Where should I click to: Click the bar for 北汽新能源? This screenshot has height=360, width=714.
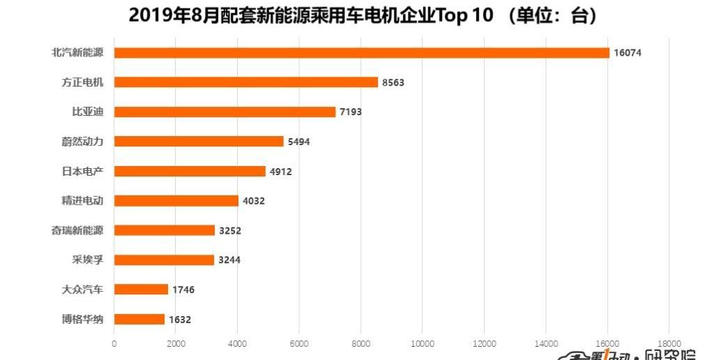point(361,53)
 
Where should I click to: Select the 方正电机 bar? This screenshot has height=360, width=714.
point(245,82)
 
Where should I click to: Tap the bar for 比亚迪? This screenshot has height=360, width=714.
point(225,112)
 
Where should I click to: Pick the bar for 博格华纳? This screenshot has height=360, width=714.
point(139,320)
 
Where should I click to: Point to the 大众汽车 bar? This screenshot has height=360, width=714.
point(141,290)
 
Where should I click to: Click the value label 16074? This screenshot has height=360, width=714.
point(628,53)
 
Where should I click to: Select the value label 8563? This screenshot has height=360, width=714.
point(393,82)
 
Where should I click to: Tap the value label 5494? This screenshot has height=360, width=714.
point(298,142)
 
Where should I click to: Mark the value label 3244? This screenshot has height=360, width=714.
point(229,260)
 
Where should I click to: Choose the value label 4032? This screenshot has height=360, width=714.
point(254,201)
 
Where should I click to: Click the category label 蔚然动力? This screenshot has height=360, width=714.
point(82,142)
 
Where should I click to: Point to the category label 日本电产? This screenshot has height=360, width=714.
point(82,171)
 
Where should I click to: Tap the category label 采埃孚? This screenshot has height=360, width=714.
point(87,260)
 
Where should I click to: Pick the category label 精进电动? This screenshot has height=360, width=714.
point(82,201)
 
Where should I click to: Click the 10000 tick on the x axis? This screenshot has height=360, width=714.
point(423,343)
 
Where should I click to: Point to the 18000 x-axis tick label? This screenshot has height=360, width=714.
point(669,343)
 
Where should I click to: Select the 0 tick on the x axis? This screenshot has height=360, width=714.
point(114,343)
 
